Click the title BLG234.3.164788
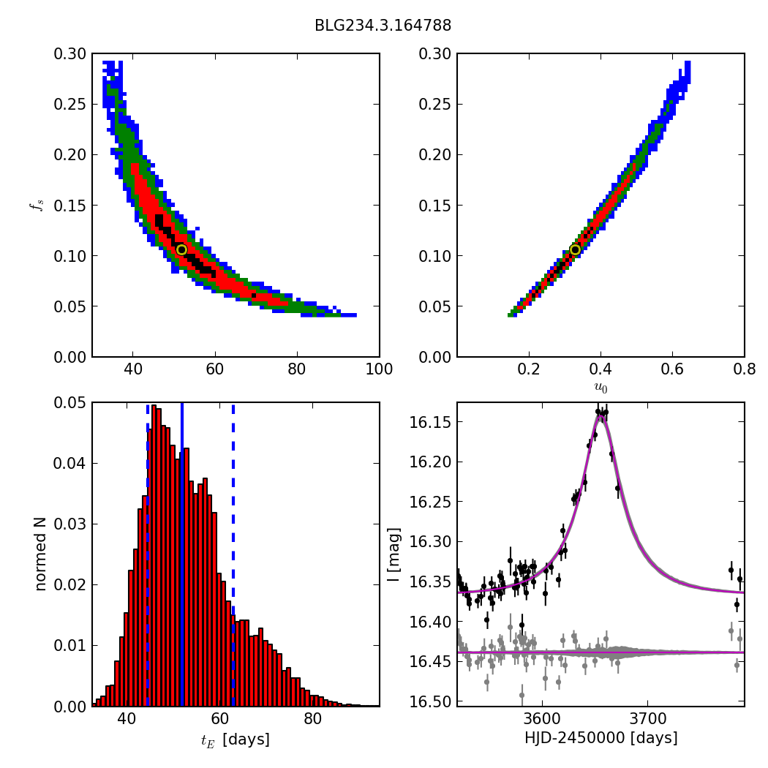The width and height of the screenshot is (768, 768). (x=383, y=26)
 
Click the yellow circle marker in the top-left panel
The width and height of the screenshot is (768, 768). (x=181, y=249)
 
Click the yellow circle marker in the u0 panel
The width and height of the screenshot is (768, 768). (x=575, y=249)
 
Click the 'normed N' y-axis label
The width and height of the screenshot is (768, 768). (x=40, y=554)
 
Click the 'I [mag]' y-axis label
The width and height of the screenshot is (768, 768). (x=394, y=554)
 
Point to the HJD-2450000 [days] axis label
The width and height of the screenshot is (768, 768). (x=601, y=738)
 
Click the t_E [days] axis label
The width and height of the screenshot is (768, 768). (x=235, y=739)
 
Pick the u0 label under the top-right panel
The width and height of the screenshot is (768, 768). (x=601, y=388)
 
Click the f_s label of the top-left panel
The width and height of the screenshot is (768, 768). (x=36, y=206)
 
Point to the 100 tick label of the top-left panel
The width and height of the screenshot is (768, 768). (x=378, y=369)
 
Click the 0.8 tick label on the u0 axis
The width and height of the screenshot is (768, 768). (x=744, y=369)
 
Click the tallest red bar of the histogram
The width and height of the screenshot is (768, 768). (x=154, y=556)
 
